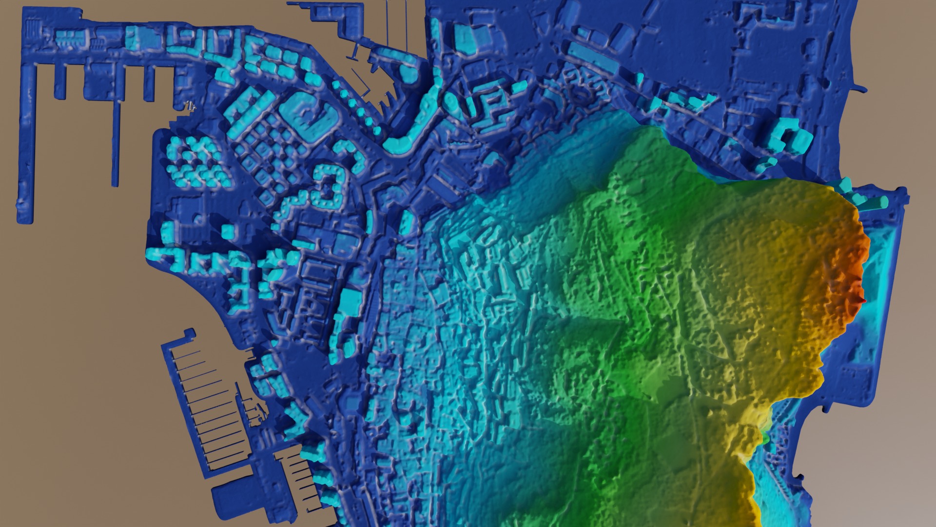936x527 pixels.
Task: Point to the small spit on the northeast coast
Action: pos(860,89)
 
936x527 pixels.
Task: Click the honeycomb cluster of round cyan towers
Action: pos(195,161)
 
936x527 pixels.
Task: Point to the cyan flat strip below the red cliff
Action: pos(873,273)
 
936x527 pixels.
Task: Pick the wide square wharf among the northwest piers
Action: pos(95,83)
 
